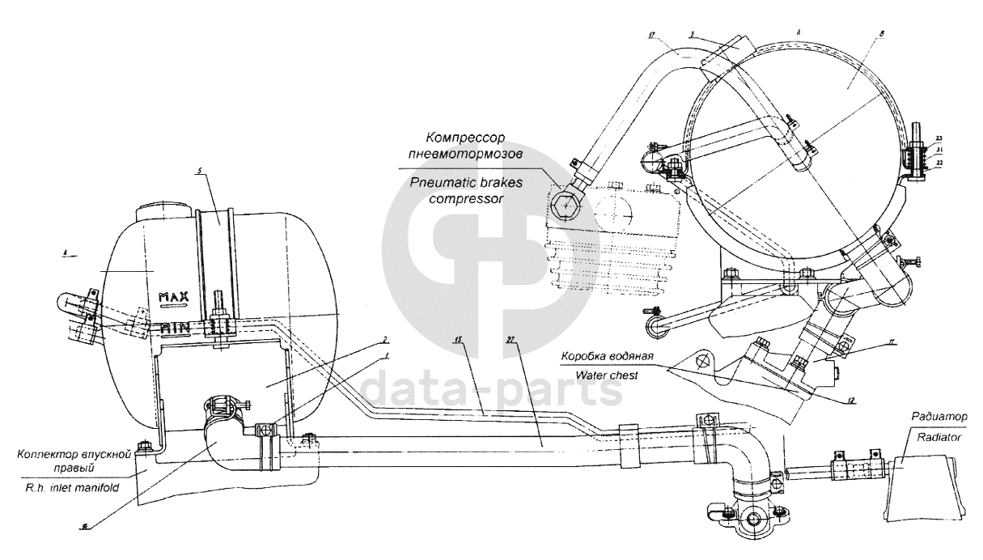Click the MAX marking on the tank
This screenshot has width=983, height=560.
(x=173, y=297)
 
